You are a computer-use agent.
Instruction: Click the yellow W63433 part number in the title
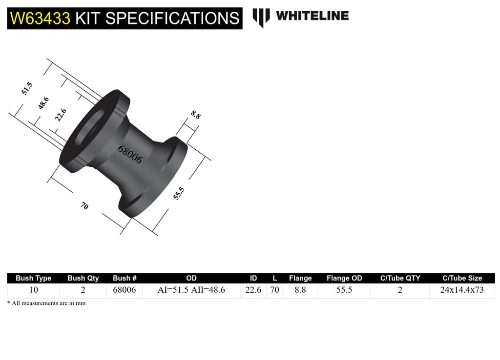[x=40, y=18]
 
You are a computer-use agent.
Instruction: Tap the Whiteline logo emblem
[x=261, y=18]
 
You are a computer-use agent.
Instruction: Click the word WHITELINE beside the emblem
[x=312, y=16]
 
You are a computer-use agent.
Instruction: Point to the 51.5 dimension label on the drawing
[x=27, y=89]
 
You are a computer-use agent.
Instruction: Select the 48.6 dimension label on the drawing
[x=43, y=103]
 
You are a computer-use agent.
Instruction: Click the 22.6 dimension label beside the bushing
[x=61, y=115]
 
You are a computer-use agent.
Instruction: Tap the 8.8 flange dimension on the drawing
[x=195, y=115]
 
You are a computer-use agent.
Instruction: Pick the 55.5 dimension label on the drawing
[x=179, y=193]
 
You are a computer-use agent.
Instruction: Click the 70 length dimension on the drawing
[x=84, y=206]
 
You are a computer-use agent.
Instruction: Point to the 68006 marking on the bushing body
[x=129, y=155]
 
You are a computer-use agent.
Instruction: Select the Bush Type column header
[x=34, y=278]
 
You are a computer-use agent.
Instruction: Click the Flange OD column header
[x=344, y=278]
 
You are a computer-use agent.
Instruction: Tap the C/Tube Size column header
[x=462, y=278]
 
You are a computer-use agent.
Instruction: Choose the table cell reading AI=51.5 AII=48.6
[x=191, y=290]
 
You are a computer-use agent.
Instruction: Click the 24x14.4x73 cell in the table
[x=462, y=290]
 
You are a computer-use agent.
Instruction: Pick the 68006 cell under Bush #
[x=125, y=290]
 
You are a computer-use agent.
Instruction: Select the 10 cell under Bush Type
[x=34, y=290]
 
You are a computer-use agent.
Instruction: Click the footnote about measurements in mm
[x=46, y=303]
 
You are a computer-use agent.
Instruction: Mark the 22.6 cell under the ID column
[x=253, y=290]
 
